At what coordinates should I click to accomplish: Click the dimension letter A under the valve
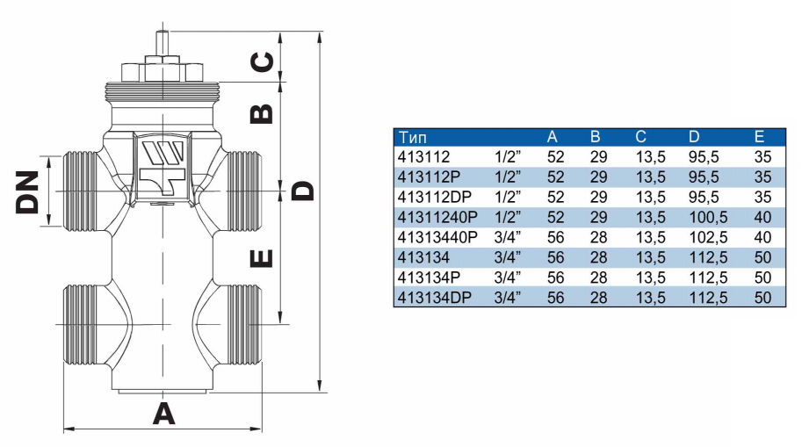(163, 414)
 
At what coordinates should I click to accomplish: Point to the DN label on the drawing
(27, 191)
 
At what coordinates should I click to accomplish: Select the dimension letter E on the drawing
(262, 258)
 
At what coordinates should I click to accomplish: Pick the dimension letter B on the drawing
(262, 114)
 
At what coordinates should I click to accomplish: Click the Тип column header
(413, 137)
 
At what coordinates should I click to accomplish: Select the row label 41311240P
(437, 217)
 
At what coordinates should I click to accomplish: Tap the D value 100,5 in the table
(708, 217)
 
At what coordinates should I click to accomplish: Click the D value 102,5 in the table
(708, 237)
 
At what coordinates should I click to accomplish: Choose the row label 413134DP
(435, 298)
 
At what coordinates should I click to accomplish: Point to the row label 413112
(423, 156)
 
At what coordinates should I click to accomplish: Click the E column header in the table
(759, 137)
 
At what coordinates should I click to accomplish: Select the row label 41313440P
(437, 237)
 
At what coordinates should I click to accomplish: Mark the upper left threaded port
(80, 191)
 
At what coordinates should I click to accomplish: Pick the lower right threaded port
(242, 324)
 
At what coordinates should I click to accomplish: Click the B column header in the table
(595, 137)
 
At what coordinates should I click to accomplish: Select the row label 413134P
(429, 278)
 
